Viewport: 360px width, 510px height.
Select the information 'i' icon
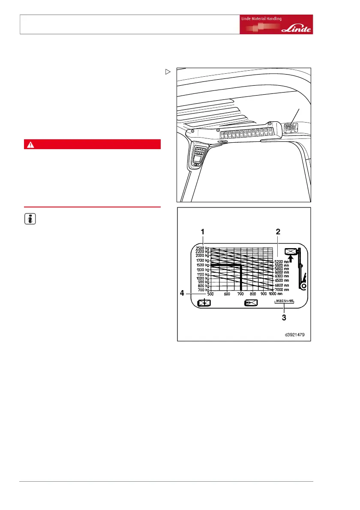[29, 219]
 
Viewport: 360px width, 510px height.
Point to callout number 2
[278, 231]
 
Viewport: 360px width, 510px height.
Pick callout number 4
[182, 294]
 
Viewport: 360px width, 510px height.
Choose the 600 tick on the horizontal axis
[227, 294]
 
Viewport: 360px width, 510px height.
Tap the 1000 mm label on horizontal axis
[276, 294]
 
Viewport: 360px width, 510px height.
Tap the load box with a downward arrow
[204, 303]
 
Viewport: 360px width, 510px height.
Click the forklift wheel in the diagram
[303, 286]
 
